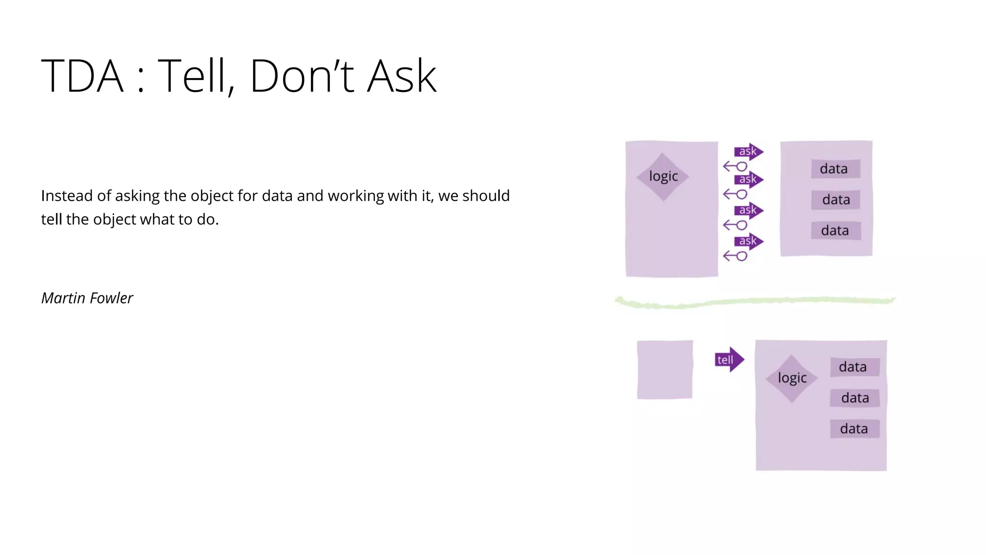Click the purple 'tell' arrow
point(729,359)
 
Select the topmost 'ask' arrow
point(749,151)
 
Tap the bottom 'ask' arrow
point(749,241)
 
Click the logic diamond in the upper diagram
point(663,177)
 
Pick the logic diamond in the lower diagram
point(792,378)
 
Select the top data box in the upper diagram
point(835,169)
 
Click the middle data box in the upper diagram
point(835,199)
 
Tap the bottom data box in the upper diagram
point(835,230)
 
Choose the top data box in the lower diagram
point(854,367)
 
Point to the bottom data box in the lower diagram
point(855,429)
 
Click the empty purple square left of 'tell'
point(665,370)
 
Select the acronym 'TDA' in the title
point(82,76)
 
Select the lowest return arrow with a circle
point(735,256)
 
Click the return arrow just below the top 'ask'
point(735,167)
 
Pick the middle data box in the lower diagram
point(855,398)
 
